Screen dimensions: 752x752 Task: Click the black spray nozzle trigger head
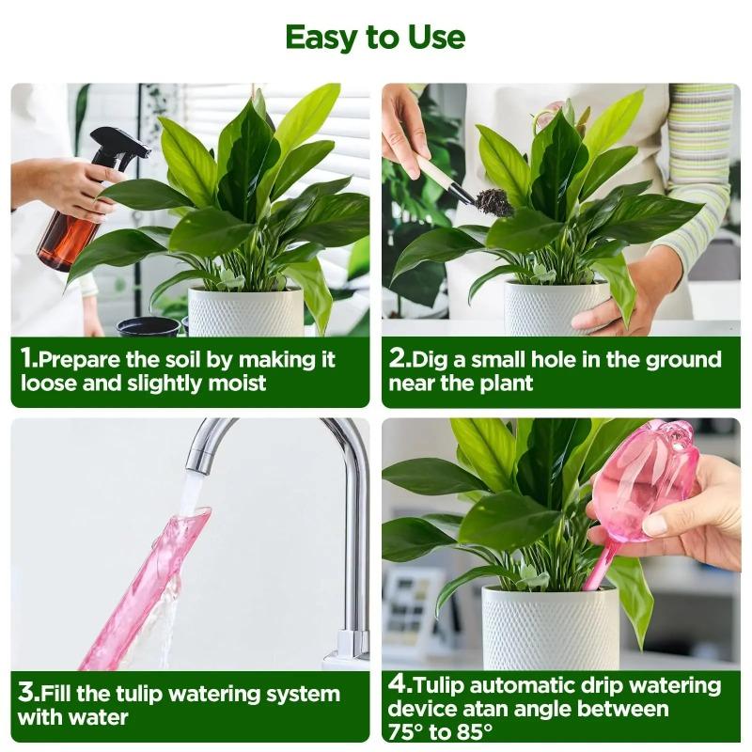click(x=119, y=146)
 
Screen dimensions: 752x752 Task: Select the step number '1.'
click(x=30, y=359)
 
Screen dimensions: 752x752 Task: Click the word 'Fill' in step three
click(x=63, y=695)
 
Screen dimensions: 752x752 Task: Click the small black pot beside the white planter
click(x=148, y=326)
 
